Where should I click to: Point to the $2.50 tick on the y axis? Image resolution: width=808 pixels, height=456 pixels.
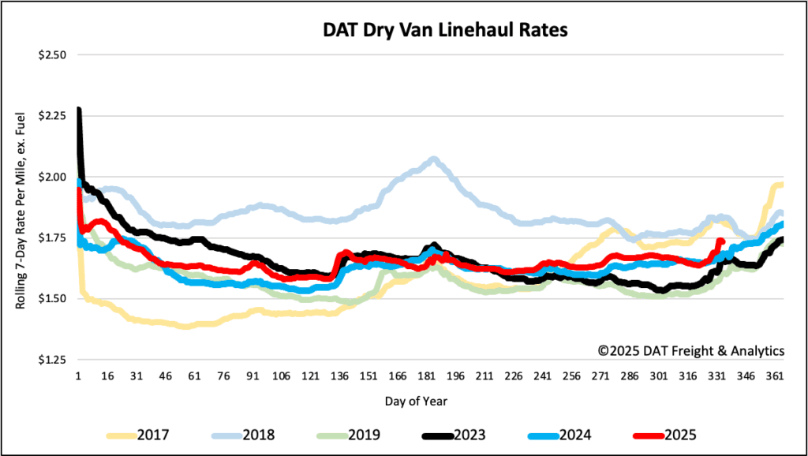(53, 55)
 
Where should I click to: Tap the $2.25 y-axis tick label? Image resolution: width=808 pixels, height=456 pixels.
(53, 116)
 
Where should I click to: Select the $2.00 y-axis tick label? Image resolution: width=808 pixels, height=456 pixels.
(53, 177)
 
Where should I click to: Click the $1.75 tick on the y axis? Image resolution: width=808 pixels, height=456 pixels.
(53, 237)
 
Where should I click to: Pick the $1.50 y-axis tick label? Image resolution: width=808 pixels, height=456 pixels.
(53, 298)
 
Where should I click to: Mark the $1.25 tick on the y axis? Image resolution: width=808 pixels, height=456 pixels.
(53, 360)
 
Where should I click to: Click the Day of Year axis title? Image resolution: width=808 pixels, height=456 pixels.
(416, 401)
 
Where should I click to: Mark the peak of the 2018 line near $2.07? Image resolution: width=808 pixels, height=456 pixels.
(433, 159)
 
